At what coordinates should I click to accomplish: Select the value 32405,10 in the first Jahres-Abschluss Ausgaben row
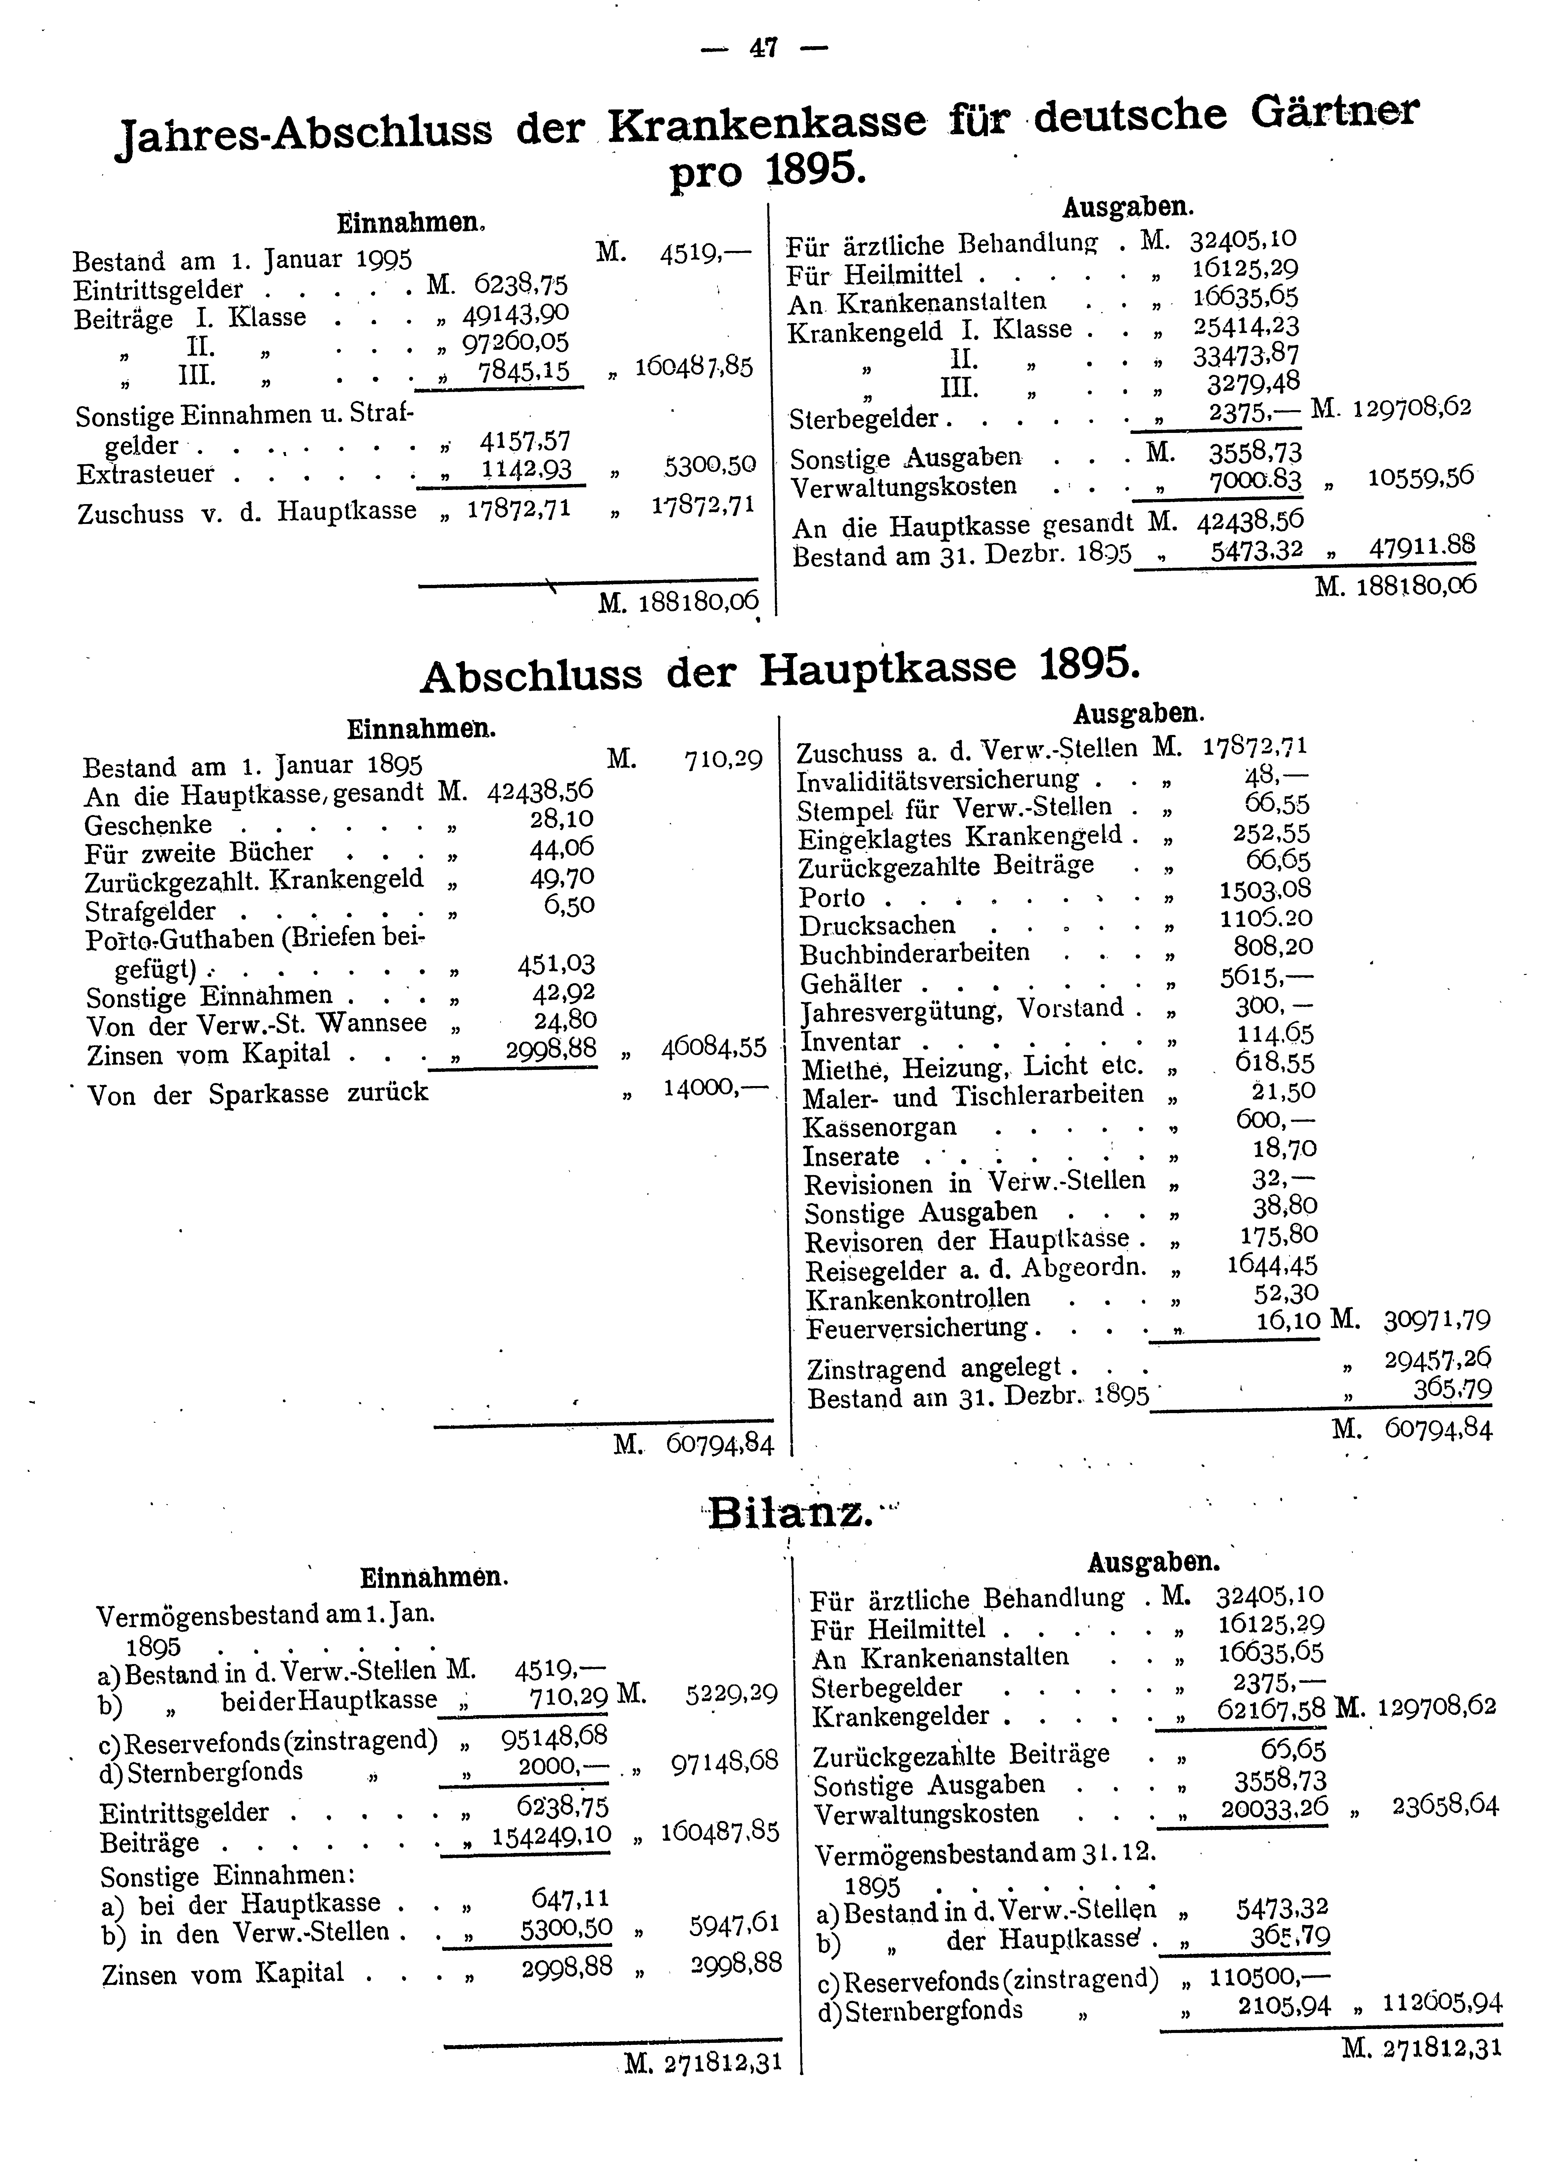tap(1243, 239)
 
